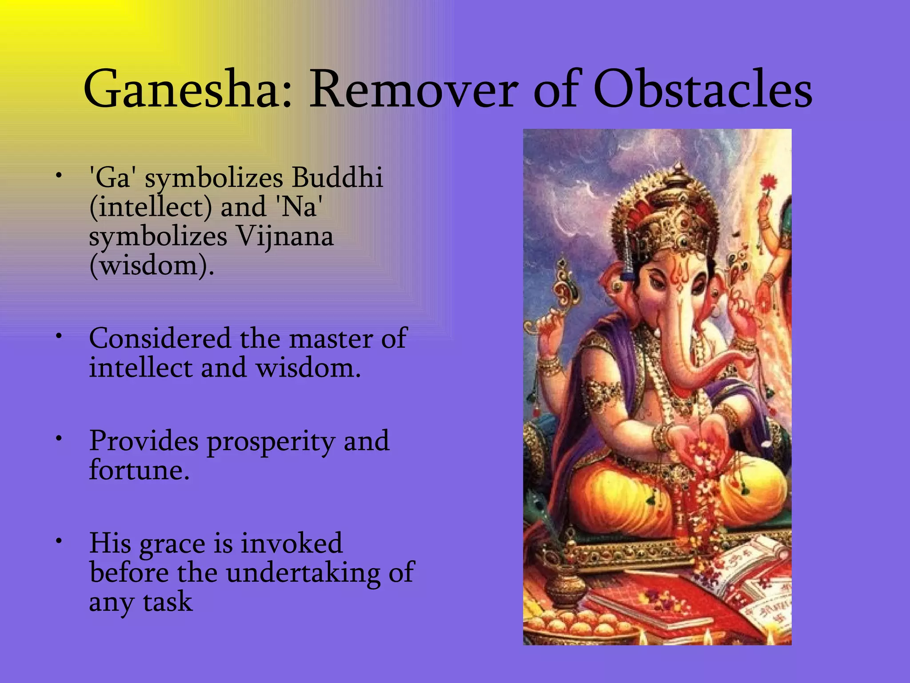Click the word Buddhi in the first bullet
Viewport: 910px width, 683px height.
coord(337,177)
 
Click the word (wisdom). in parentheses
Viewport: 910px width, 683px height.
coord(152,265)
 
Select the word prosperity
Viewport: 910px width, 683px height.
coord(271,442)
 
